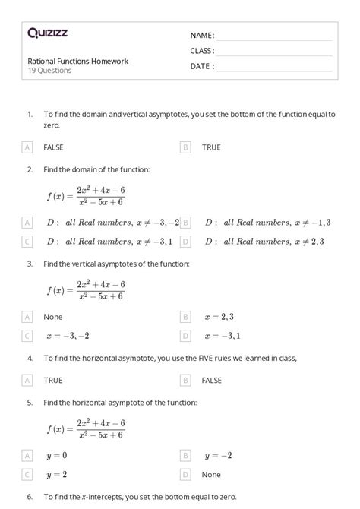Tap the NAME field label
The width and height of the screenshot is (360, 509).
202,35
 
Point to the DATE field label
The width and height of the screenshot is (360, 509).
202,66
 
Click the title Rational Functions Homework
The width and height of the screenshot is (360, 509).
77,61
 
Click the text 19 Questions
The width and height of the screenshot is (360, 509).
49,71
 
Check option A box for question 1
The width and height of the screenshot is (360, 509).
27,147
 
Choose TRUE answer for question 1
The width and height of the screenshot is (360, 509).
211,147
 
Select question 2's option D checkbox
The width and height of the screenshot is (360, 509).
185,242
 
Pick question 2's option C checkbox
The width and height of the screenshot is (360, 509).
27,242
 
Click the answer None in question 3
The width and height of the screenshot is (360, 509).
53,316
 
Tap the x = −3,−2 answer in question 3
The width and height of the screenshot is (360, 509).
68,335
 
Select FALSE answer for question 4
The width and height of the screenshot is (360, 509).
212,379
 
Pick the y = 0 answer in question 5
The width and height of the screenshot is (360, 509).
56,455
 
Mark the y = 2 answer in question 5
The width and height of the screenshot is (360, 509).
56,474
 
